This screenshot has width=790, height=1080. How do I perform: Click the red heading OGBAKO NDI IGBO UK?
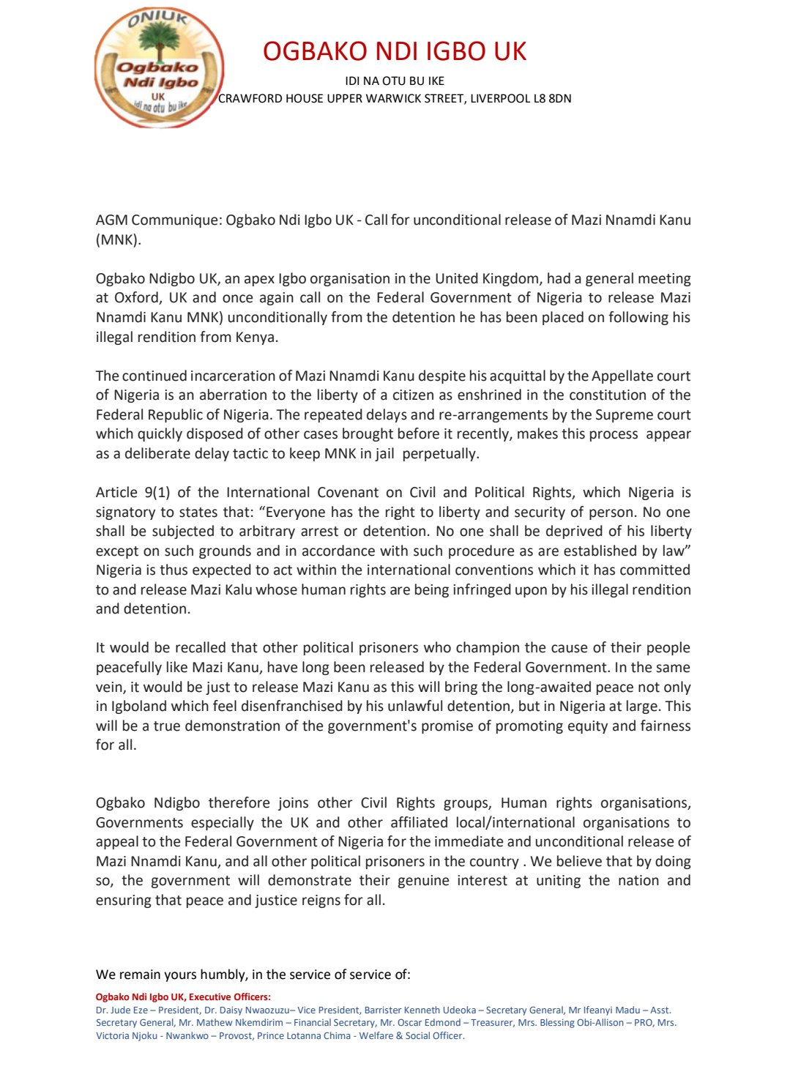395,51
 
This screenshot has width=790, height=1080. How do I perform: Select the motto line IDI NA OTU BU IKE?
395,81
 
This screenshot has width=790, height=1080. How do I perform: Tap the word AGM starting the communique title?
111,220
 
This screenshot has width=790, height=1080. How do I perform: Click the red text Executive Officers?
230,997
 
